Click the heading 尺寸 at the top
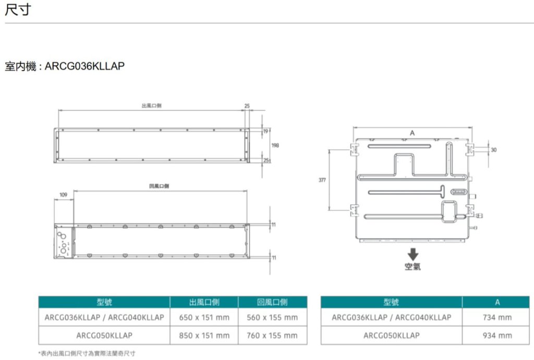pyautogui.click(x=18, y=9)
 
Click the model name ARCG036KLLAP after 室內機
pyautogui.click(x=84, y=66)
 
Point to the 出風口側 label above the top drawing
pyautogui.click(x=152, y=106)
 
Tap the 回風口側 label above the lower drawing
pyautogui.click(x=159, y=186)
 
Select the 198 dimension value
pyautogui.click(x=275, y=146)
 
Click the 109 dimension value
pyautogui.click(x=63, y=195)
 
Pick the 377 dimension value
pyautogui.click(x=322, y=180)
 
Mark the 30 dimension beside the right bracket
pyautogui.click(x=494, y=150)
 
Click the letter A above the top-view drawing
pyautogui.click(x=412, y=133)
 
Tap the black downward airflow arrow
pyautogui.click(x=413, y=255)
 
